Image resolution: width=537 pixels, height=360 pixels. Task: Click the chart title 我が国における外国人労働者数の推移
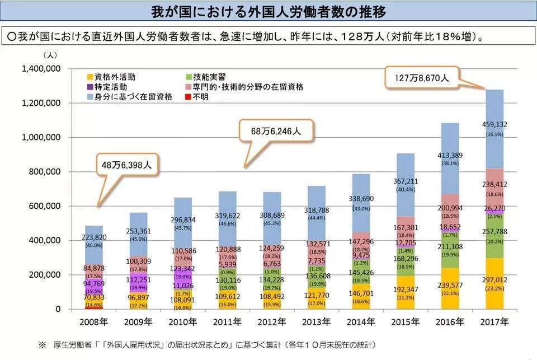tap(268, 12)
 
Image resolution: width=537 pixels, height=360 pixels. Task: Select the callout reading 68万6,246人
tap(276, 131)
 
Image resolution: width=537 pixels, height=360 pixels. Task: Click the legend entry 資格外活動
tap(115, 77)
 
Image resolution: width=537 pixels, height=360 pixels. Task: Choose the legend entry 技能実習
tap(208, 77)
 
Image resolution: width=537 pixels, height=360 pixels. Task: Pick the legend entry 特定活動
tap(110, 87)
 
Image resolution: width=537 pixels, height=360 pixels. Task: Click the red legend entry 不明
tap(199, 97)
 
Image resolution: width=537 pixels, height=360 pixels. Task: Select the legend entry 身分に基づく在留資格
tap(129, 97)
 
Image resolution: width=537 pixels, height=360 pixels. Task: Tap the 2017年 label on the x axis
tap(494, 322)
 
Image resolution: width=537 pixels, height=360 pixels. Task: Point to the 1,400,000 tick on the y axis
tap(41, 69)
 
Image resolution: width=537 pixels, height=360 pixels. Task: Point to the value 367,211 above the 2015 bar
tap(406, 181)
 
